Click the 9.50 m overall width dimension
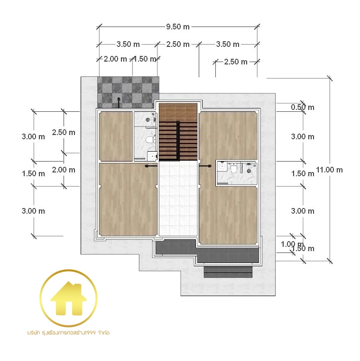[178, 27]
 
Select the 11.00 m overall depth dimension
[329, 170]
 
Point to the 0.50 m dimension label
[303, 107]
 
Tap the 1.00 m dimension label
[292, 244]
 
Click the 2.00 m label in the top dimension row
[115, 59]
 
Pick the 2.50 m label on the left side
[64, 132]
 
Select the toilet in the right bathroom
[234, 169]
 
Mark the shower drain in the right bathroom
[249, 171]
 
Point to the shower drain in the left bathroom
[148, 119]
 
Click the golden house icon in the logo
[69, 298]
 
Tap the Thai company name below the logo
[68, 333]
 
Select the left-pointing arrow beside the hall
[151, 165]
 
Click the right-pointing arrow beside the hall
[205, 165]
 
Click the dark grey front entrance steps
[228, 271]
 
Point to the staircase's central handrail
[178, 140]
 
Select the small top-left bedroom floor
[116, 136]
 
